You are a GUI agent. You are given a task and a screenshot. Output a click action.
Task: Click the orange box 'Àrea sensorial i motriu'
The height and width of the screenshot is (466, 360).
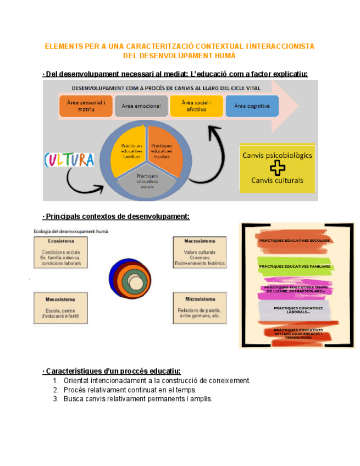tap(85, 106)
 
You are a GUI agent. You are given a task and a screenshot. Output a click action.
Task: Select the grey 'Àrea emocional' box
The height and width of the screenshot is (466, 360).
tap(141, 106)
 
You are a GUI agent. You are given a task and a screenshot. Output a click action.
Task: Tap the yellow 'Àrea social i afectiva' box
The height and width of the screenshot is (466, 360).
tap(196, 106)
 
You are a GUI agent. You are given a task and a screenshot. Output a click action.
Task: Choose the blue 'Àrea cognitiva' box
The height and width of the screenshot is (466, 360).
tap(252, 106)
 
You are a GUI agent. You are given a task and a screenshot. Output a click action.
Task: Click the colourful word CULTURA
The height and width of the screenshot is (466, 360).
tap(69, 160)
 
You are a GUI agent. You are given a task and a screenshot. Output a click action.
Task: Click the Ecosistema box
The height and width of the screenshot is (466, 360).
tap(60, 252)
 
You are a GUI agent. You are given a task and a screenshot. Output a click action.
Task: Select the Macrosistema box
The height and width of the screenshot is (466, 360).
tap(200, 252)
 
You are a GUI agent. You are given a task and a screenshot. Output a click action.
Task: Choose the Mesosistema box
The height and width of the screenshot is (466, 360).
tap(60, 308)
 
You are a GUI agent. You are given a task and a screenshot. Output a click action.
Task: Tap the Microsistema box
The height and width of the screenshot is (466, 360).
tap(200, 308)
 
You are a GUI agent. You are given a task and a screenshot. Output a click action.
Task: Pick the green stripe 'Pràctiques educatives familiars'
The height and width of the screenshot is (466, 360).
tap(295, 267)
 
